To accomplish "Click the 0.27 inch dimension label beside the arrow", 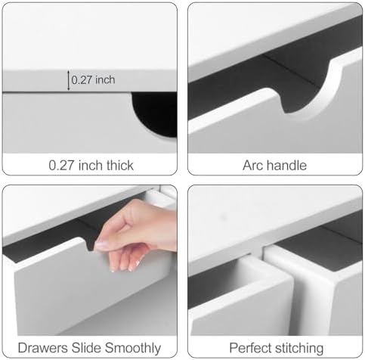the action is (93, 80).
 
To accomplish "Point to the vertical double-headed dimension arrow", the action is (68, 80).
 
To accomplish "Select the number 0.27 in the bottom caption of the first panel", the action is (61, 166).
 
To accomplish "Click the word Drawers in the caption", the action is (43, 348).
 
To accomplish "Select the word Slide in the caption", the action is (87, 348).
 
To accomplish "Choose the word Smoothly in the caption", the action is (133, 348).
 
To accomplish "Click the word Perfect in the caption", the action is (251, 348).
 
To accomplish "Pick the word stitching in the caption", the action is (299, 349).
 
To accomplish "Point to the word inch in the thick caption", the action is (90, 166).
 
